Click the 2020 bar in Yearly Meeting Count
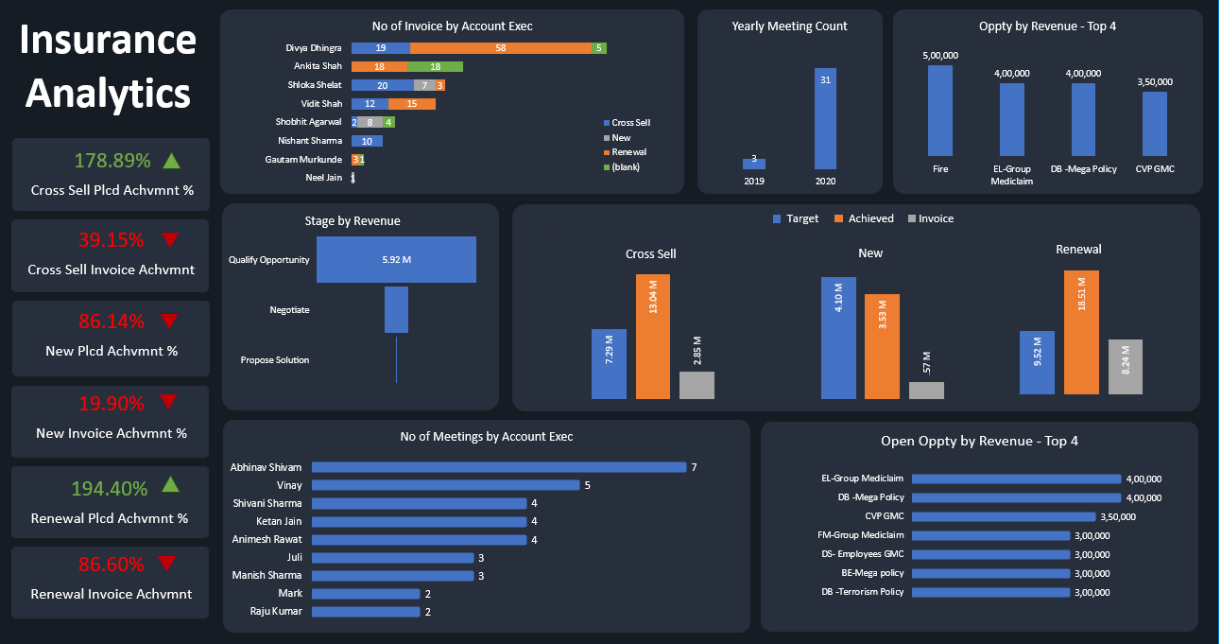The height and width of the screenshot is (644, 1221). tap(825, 118)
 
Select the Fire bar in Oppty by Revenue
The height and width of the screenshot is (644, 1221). tap(940, 111)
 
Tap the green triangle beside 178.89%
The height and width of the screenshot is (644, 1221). tap(171, 160)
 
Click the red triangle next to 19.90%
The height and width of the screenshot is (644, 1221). tap(168, 402)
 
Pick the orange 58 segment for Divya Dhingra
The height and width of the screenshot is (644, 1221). tap(500, 47)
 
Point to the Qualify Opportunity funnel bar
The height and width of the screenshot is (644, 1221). tap(396, 259)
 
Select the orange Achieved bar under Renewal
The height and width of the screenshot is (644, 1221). tap(1081, 332)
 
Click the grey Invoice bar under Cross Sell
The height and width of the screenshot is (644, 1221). tap(696, 385)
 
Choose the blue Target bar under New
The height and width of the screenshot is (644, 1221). tap(838, 338)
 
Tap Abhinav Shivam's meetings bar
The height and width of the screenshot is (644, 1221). tap(498, 467)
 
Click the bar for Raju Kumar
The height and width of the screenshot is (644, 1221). tap(365, 612)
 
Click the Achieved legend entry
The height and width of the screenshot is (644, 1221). tap(864, 218)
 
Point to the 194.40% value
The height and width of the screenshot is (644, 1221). tap(112, 489)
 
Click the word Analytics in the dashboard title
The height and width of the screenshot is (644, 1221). tap(108, 94)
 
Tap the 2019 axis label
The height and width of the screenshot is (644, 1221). tap(754, 181)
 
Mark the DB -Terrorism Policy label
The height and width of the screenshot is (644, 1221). tap(862, 592)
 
